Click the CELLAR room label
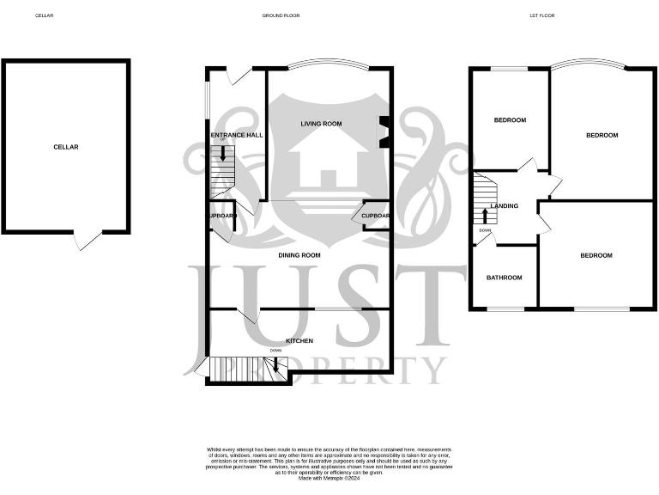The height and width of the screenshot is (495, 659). tap(66, 147)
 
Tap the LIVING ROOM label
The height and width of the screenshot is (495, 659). tap(321, 124)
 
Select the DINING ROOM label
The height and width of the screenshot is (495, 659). tap(299, 255)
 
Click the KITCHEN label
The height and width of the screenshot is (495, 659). tap(299, 341)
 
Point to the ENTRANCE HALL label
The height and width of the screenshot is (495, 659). tap(237, 135)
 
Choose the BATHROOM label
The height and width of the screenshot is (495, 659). tap(504, 278)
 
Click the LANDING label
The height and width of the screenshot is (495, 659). tap(504, 206)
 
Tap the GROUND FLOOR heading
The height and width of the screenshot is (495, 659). tap(281, 15)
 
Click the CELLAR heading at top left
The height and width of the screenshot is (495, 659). tap(44, 15)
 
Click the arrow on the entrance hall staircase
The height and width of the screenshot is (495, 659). tap(224, 155)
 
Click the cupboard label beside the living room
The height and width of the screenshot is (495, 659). tap(376, 216)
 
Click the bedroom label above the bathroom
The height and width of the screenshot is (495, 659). tap(510, 120)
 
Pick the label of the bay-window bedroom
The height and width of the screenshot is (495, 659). tap(602, 136)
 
